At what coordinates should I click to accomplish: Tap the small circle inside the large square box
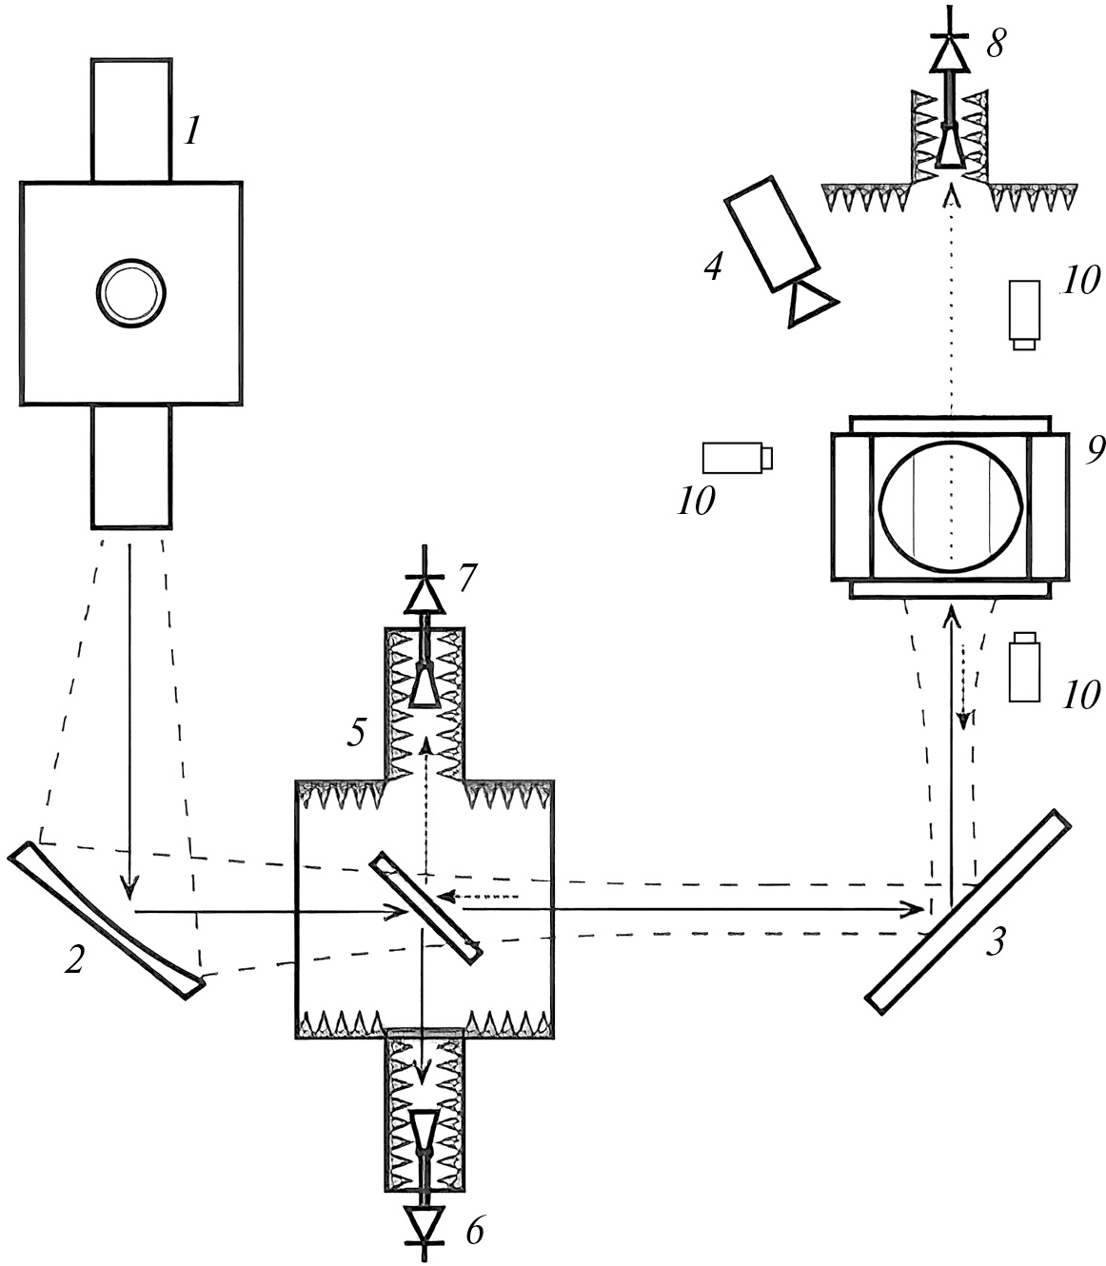coord(130,290)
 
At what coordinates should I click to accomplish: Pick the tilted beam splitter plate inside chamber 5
coord(426,906)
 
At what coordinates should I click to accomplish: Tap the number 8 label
coord(994,44)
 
